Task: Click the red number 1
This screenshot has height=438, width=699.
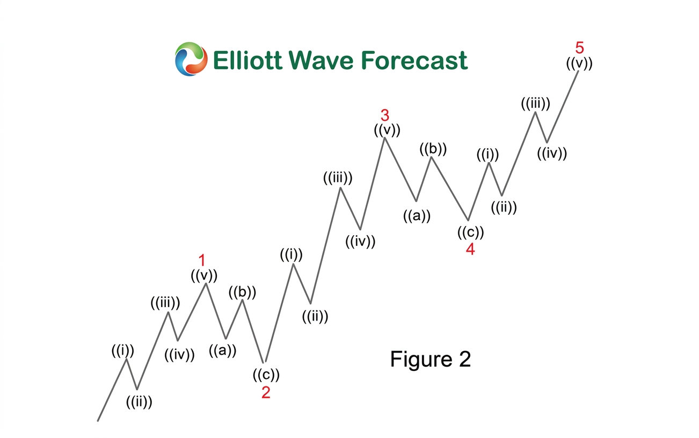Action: click(x=202, y=261)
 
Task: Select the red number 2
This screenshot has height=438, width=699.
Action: click(x=266, y=392)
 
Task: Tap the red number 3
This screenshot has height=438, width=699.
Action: click(x=385, y=115)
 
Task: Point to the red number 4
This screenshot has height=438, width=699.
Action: click(x=470, y=249)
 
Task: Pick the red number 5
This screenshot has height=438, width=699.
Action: click(x=579, y=48)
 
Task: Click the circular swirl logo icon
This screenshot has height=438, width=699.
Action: click(x=191, y=59)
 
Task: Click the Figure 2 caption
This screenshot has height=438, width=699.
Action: click(x=430, y=359)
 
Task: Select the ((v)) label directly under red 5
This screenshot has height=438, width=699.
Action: click(x=579, y=63)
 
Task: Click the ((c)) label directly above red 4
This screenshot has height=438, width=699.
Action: click(x=470, y=233)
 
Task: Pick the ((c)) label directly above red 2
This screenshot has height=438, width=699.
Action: click(x=266, y=374)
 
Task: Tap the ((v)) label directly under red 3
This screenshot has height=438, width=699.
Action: click(x=387, y=129)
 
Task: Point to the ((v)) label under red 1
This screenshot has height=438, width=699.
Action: click(x=204, y=275)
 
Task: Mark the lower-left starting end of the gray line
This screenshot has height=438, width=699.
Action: click(x=98, y=421)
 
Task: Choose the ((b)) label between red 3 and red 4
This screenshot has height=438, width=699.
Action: click(x=433, y=149)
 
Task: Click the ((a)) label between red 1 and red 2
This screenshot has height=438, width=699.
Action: click(x=222, y=351)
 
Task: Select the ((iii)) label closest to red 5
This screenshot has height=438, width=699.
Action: click(x=535, y=104)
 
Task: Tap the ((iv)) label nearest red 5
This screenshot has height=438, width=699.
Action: click(x=552, y=154)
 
